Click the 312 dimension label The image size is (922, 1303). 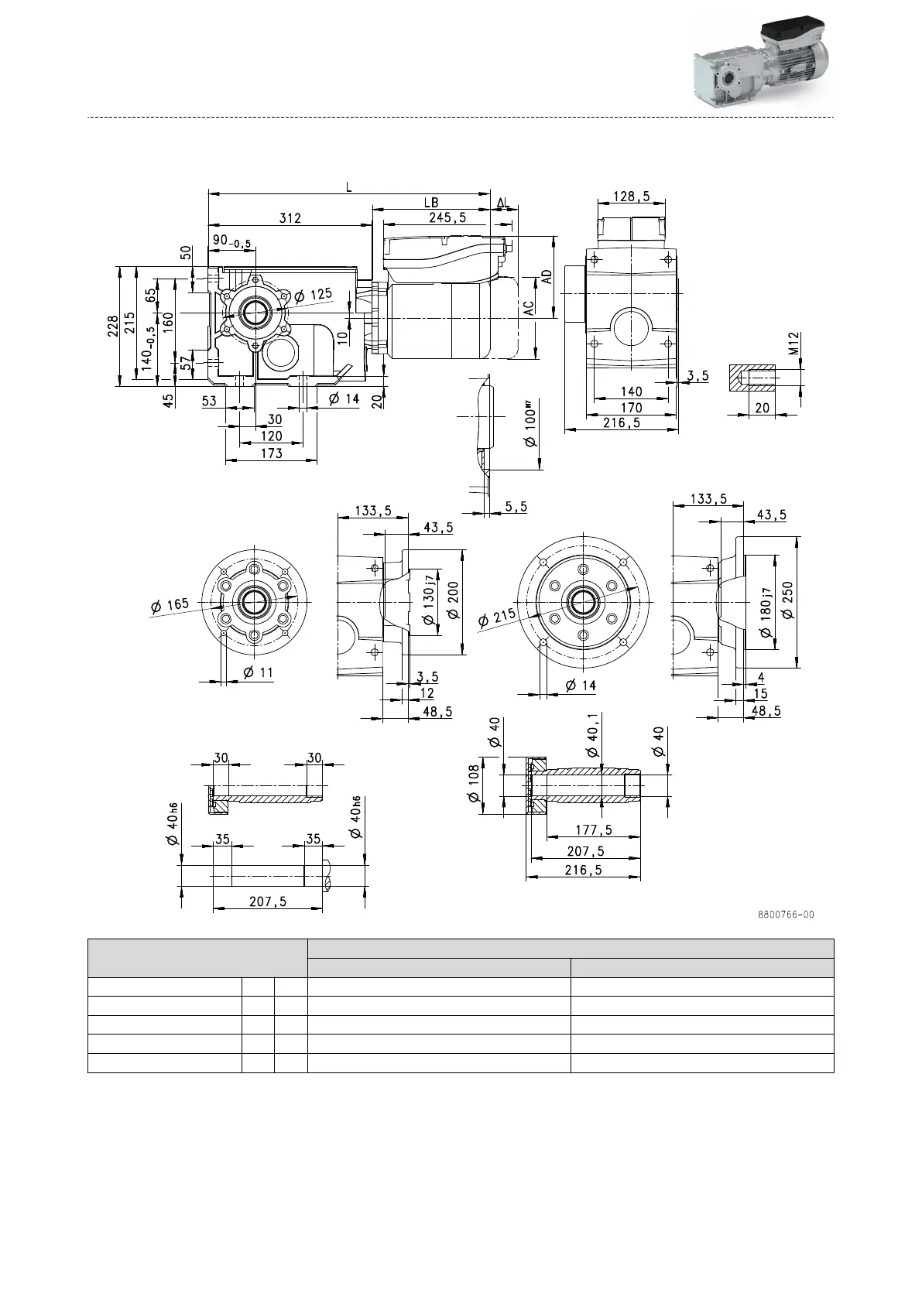point(290,218)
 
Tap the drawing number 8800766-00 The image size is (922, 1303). point(786,915)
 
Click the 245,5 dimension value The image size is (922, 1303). point(447,218)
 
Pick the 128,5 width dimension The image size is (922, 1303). point(632,197)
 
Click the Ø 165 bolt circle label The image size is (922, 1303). point(170,605)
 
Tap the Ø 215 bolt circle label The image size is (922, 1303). point(496,618)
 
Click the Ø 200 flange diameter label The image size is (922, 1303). point(454,601)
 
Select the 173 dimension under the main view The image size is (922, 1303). point(271,454)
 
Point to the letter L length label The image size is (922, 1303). point(350,187)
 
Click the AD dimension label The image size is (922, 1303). point(547,279)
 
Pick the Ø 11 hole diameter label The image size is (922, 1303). point(258,672)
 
